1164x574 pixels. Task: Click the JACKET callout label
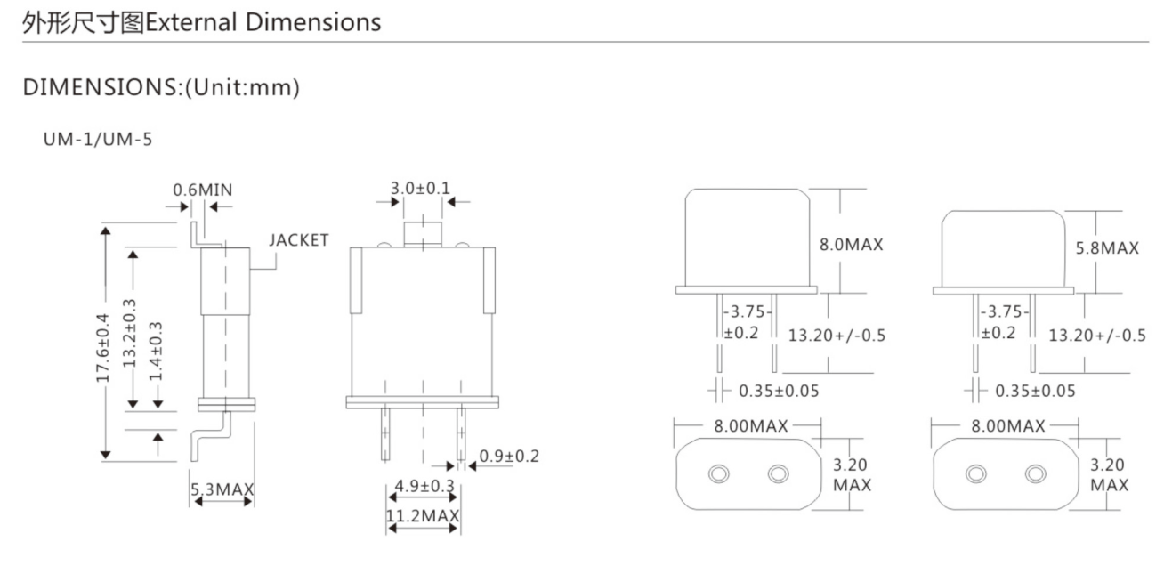point(299,240)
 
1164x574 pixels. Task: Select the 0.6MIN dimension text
point(203,190)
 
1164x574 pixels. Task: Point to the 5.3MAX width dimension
point(222,489)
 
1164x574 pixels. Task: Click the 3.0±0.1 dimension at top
point(420,188)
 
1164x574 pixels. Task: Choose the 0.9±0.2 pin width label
point(509,457)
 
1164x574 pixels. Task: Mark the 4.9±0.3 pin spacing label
point(422,486)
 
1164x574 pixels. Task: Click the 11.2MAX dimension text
point(422,516)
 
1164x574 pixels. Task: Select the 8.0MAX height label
point(852,245)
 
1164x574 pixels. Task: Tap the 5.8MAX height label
point(1107,248)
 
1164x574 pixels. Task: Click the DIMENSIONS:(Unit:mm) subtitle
point(161,87)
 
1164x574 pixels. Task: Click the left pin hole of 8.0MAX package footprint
point(718,474)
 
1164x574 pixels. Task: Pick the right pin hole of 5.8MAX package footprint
point(1035,473)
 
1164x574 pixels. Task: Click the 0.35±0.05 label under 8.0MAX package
point(779,391)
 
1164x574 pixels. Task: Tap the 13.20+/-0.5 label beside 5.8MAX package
point(1096,336)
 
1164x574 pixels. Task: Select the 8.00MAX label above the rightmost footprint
point(1008,426)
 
